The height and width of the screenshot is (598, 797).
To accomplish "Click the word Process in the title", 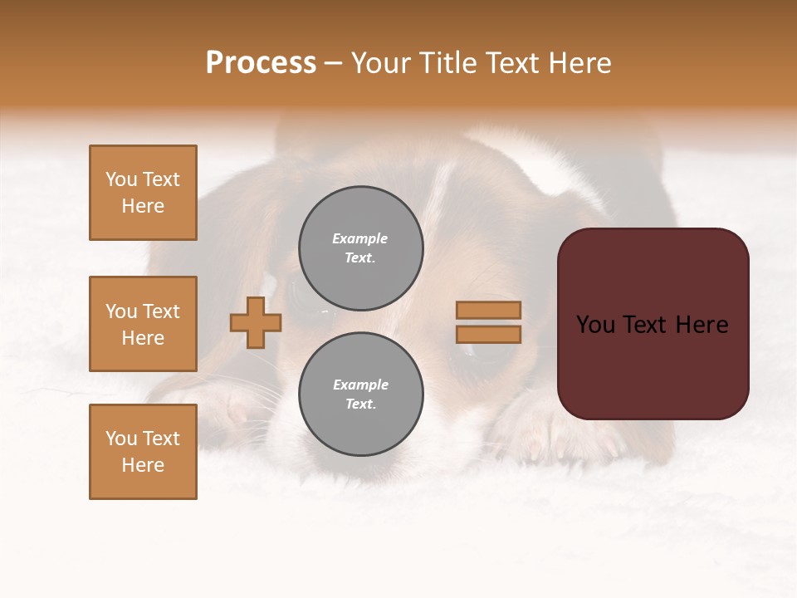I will [x=261, y=63].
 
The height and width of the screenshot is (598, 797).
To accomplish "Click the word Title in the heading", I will [x=447, y=63].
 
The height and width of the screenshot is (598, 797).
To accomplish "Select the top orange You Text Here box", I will [x=143, y=193].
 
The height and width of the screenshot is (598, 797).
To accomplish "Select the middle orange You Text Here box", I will [x=143, y=324].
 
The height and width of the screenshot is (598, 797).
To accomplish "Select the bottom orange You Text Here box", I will [x=143, y=452].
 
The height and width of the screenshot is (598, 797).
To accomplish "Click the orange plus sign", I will [x=256, y=322].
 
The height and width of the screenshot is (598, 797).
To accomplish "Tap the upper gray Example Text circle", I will [x=361, y=248].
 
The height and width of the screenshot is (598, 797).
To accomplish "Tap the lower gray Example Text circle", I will [x=361, y=394].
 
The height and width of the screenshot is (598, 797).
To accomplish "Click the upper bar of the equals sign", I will [x=488, y=310].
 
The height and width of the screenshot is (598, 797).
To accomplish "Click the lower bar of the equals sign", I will [x=488, y=334].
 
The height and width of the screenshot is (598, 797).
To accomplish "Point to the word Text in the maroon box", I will [x=653, y=325].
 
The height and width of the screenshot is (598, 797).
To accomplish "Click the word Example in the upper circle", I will [x=359, y=238].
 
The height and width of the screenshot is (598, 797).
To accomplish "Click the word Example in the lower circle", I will [x=360, y=385].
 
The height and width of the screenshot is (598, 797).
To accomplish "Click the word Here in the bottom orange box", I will [x=143, y=465].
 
